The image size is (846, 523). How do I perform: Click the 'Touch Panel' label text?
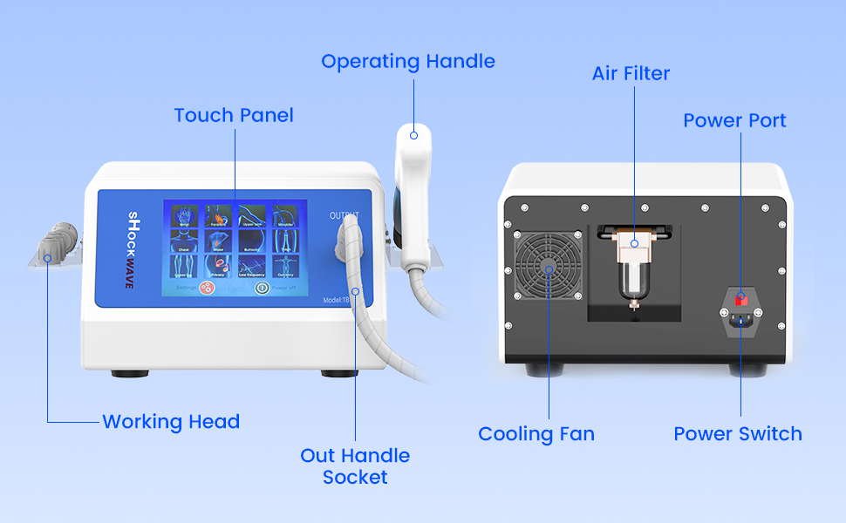click(x=234, y=115)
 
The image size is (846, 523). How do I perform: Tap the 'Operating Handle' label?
click(x=408, y=62)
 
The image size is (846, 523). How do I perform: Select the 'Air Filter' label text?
click(x=631, y=74)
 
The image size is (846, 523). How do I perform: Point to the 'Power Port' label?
click(x=734, y=120)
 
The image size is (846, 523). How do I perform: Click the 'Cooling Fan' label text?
click(x=536, y=434)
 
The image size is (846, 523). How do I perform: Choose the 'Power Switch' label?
click(x=738, y=434)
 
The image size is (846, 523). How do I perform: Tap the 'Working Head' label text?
click(x=171, y=422)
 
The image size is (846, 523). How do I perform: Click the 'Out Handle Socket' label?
click(x=355, y=466)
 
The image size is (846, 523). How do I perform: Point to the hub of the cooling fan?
click(x=548, y=270)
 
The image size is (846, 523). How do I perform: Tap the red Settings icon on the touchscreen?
click(x=208, y=288)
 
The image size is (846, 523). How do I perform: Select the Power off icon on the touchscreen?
click(x=259, y=287)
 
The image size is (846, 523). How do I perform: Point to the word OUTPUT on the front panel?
click(x=344, y=215)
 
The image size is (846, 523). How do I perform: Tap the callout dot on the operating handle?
click(x=414, y=134)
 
